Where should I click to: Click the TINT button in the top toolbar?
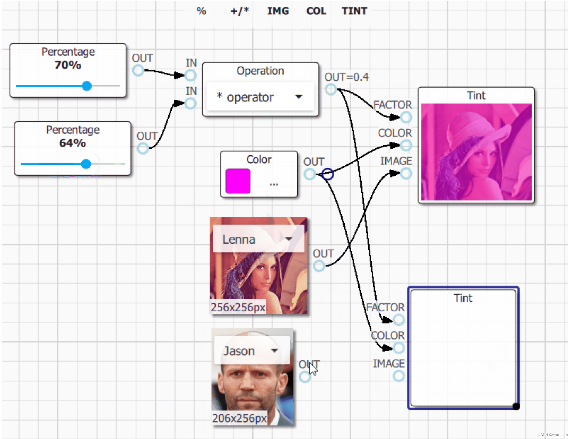pos(354,11)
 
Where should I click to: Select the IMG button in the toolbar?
pos(278,11)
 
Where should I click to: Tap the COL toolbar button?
pos(316,11)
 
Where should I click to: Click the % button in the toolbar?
pos(201,11)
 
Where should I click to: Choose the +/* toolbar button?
pos(240,11)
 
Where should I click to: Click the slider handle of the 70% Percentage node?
pos(87,86)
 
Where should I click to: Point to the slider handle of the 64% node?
pos(86,164)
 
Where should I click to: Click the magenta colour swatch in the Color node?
pos(238,181)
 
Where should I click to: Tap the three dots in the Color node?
pos(274,184)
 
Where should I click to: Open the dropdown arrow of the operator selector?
pos(299,97)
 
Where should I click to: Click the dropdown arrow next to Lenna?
pos(288,239)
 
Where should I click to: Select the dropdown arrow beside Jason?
pos(274,350)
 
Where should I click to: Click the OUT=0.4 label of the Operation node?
pos(346,77)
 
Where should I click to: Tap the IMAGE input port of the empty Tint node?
pos(399,376)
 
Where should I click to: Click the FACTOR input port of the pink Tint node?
pos(406,117)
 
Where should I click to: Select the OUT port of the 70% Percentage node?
pos(138,70)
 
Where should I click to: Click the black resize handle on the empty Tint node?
pos(516,406)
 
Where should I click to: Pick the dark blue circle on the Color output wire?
pos(328,174)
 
